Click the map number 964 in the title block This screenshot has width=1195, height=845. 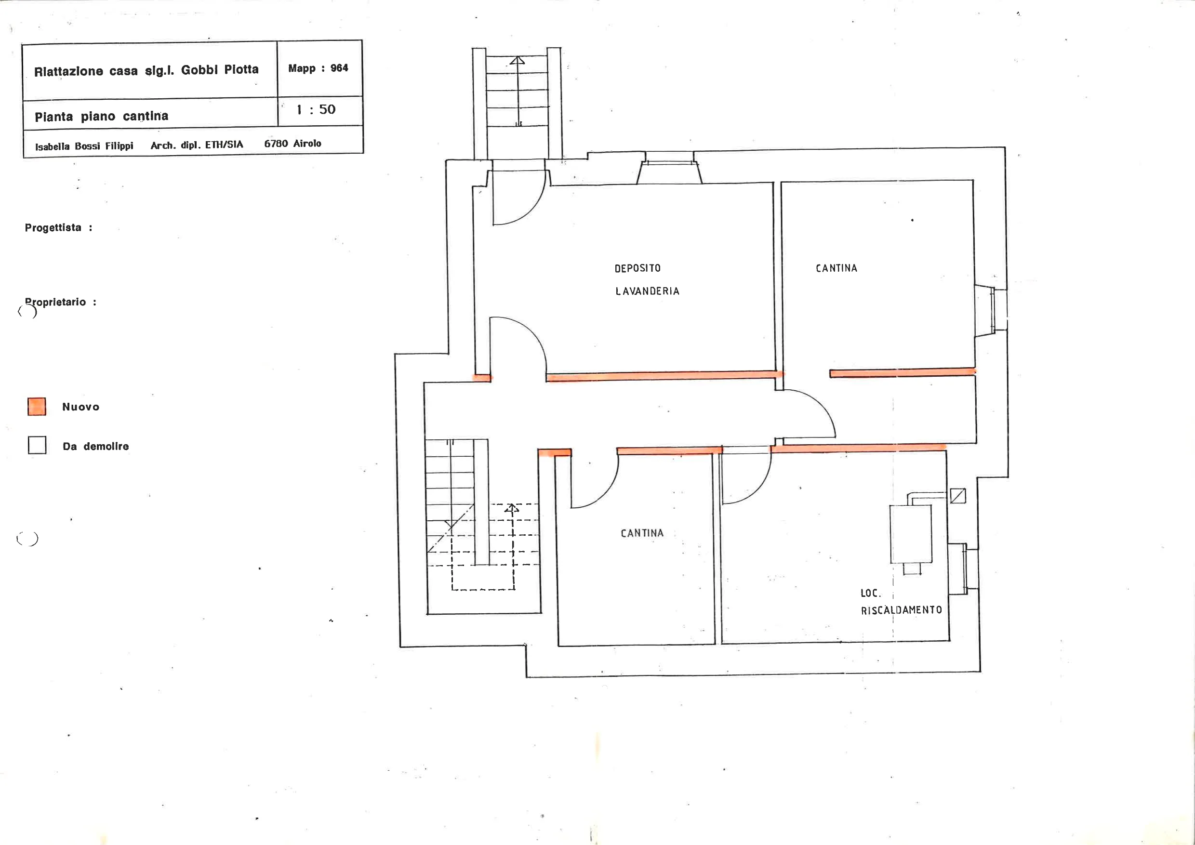tap(339, 68)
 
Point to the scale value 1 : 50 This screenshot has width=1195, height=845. tap(316, 109)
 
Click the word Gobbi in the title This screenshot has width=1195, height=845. tap(199, 70)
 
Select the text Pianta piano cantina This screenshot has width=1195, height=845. tap(102, 116)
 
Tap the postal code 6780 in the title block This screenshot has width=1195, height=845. tap(276, 144)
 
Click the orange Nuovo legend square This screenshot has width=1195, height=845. tap(37, 407)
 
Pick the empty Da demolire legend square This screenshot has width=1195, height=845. tap(37, 445)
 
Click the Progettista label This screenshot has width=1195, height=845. tap(53, 227)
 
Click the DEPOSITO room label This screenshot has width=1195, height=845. tap(637, 268)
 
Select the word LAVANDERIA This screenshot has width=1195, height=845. tap(648, 291)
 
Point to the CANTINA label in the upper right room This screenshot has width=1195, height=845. tap(836, 268)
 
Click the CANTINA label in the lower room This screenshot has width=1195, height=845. tap(642, 533)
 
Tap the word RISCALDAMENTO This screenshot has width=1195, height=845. tap(902, 610)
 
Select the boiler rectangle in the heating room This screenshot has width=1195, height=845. tap(911, 534)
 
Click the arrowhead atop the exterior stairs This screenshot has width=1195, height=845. tap(518, 60)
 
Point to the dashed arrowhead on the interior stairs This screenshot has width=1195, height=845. tap(512, 508)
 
